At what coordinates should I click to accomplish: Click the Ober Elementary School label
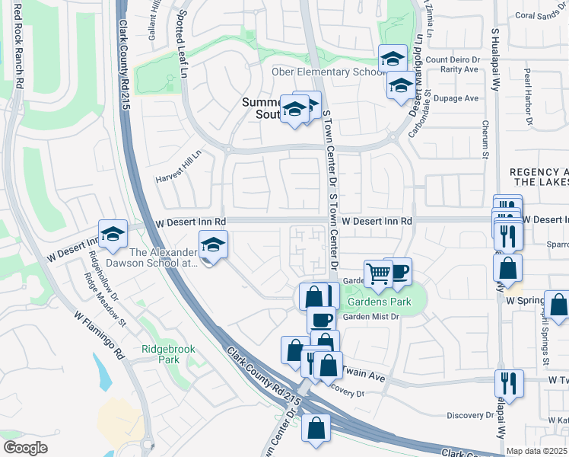[326, 72]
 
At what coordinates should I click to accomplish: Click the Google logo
[25, 448]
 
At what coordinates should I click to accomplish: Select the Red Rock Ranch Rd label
[17, 50]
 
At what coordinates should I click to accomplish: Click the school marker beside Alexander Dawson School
[213, 245]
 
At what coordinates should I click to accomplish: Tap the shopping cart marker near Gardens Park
[378, 273]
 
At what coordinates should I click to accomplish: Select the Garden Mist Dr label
[370, 317]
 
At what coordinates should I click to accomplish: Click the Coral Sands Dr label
[536, 14]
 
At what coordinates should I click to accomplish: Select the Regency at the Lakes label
[539, 177]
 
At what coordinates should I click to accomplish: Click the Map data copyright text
[537, 451]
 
